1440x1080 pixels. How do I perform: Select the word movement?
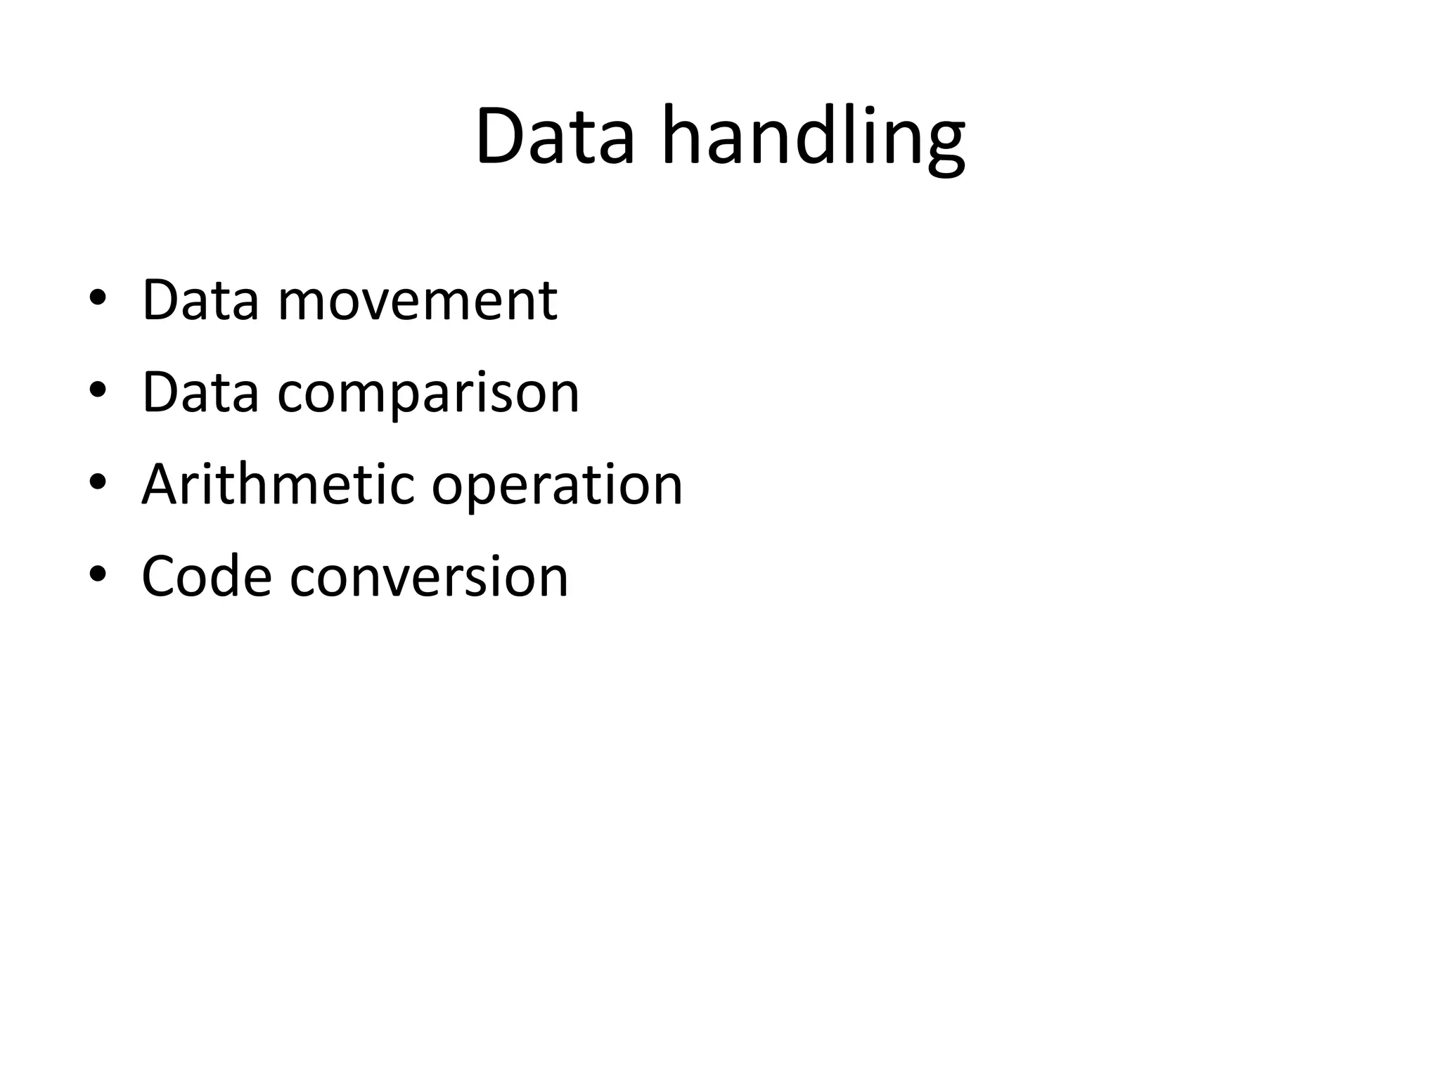coord(418,300)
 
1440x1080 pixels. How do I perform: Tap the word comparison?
coord(428,392)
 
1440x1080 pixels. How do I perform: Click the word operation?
coord(557,485)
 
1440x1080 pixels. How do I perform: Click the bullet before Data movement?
coord(98,298)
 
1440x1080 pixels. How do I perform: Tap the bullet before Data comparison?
coord(98,390)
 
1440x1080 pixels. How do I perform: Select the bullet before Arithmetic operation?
coord(98,482)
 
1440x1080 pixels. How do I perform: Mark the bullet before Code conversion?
coord(98,574)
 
